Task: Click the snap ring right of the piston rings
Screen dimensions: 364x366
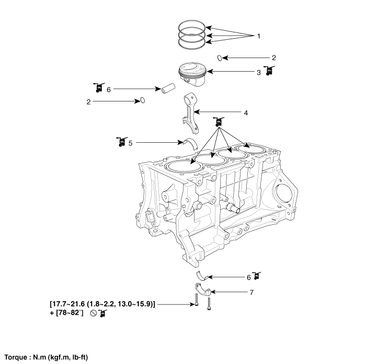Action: pyautogui.click(x=220, y=58)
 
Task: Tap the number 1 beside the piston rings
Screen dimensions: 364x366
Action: pyautogui.click(x=258, y=36)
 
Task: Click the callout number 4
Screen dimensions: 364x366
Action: pyautogui.click(x=245, y=112)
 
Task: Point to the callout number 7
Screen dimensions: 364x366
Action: pyautogui.click(x=251, y=292)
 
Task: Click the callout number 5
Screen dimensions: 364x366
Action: pyautogui.click(x=131, y=142)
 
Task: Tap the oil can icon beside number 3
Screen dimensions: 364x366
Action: pyautogui.click(x=269, y=71)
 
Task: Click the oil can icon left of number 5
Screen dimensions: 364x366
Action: pyautogui.click(x=121, y=141)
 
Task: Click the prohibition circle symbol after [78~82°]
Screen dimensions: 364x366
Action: pyautogui.click(x=93, y=313)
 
